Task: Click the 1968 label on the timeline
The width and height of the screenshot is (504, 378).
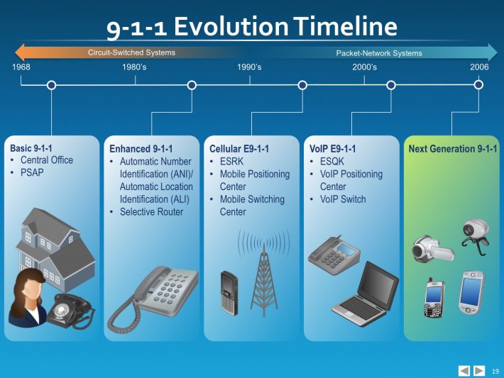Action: (21, 67)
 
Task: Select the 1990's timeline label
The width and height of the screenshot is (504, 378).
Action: (249, 67)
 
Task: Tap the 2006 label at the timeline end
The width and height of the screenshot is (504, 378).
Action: (479, 67)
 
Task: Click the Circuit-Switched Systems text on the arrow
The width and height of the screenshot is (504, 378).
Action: (131, 52)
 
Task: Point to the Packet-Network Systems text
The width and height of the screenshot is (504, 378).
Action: (378, 53)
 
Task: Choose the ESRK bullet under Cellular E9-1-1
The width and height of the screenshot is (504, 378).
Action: (231, 162)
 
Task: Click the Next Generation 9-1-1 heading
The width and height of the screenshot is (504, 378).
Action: (453, 149)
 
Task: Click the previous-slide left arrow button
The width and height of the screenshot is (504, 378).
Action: (464, 370)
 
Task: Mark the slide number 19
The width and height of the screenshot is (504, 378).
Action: (495, 371)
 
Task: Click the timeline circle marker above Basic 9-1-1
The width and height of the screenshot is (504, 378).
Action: (51, 85)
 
